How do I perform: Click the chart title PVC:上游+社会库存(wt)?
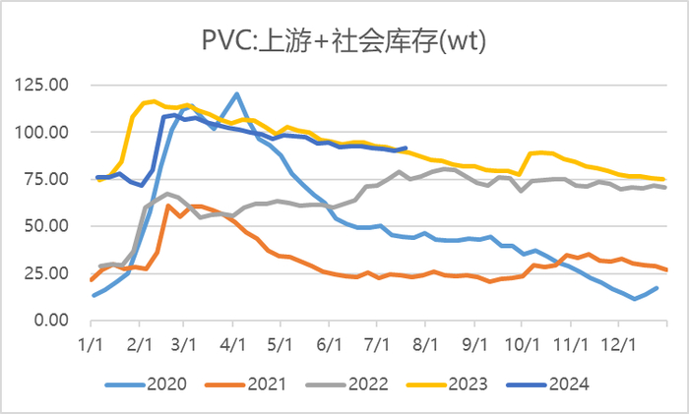click(344, 41)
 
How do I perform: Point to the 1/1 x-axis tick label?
click(92, 345)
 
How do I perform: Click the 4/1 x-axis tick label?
click(234, 345)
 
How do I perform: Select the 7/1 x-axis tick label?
click(377, 345)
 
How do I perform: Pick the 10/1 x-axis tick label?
click(522, 345)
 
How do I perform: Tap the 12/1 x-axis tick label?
click(617, 345)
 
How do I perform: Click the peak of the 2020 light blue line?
click(237, 94)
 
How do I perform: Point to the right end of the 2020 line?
click(658, 288)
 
